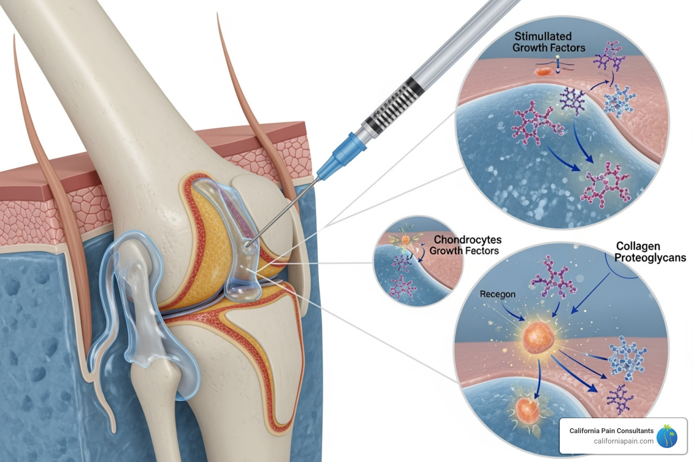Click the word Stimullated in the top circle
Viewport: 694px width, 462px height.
tap(543, 36)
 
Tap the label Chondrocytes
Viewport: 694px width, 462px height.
tap(467, 240)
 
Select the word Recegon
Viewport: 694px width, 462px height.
tap(497, 294)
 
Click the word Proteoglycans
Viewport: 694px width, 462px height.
tap(650, 258)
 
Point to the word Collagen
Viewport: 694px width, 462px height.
tap(638, 246)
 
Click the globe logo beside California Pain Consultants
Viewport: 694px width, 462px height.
tap(667, 436)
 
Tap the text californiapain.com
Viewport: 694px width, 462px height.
tap(623, 441)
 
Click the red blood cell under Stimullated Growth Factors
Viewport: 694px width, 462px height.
tap(544, 71)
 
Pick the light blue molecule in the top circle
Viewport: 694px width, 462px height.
tap(619, 100)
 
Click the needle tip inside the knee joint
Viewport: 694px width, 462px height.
tap(246, 246)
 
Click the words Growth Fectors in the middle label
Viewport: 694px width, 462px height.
tap(464, 251)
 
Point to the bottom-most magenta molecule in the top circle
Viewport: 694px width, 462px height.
tap(606, 185)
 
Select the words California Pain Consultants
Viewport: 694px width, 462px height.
tap(611, 431)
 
